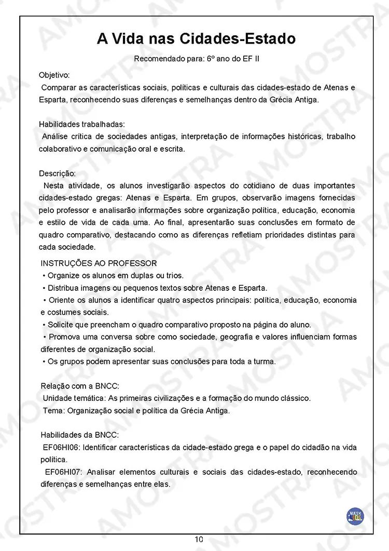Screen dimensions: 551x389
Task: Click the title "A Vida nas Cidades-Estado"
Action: click(x=196, y=39)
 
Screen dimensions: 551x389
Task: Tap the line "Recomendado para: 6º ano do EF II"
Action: click(x=197, y=59)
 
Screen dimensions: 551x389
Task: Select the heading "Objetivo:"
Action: click(x=54, y=75)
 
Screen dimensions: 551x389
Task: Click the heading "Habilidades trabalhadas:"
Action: click(x=81, y=124)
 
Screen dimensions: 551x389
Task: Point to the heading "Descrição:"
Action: click(x=57, y=173)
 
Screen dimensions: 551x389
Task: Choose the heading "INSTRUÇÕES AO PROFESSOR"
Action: click(x=99, y=263)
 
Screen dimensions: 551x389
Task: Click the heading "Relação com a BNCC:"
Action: click(x=80, y=386)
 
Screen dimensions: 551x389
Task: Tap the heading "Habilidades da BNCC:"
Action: click(x=79, y=435)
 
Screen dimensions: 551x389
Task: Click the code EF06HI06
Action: click(x=62, y=447)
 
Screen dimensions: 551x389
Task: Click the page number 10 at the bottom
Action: click(x=199, y=540)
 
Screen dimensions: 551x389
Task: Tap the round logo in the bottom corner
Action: click(x=355, y=516)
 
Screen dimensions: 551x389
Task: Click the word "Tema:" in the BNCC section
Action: click(x=53, y=410)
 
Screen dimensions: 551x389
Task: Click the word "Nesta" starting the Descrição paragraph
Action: click(x=54, y=185)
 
